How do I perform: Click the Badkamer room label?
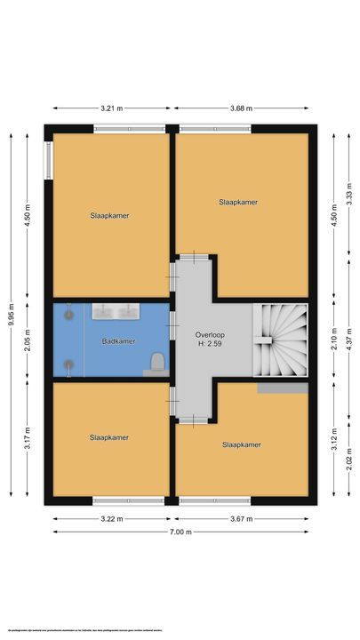pyautogui.click(x=118, y=341)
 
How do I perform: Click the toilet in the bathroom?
pyautogui.click(x=156, y=361)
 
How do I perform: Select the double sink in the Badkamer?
pyautogui.click(x=116, y=311)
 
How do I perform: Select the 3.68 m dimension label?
pyautogui.click(x=241, y=108)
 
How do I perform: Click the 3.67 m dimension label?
pyautogui.click(x=241, y=519)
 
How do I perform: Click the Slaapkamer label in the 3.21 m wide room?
pyautogui.click(x=108, y=215)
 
